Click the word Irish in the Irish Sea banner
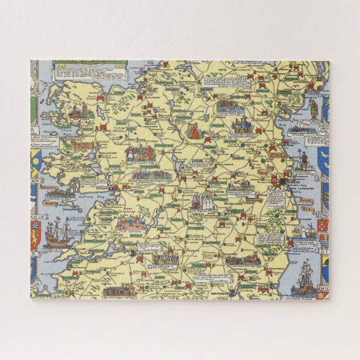[x=305, y=199]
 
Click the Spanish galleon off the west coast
[x=58, y=232]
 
